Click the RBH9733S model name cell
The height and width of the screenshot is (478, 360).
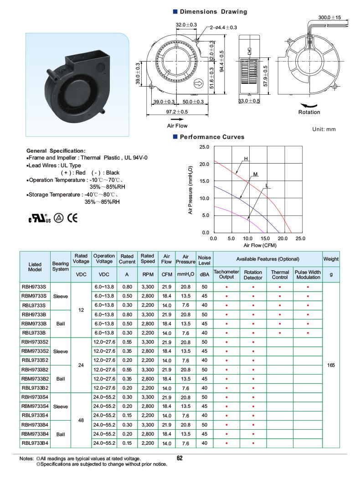click(34, 287)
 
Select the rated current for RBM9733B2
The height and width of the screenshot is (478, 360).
click(127, 379)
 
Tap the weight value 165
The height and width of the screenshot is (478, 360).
click(331, 365)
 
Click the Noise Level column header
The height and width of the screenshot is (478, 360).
click(204, 260)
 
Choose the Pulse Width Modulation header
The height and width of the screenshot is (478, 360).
click(308, 274)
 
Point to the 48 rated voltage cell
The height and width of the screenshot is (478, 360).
click(81, 420)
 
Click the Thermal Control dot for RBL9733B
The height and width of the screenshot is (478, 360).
click(280, 333)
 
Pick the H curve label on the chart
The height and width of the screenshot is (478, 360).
click(246, 159)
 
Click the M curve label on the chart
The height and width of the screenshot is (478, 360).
click(256, 175)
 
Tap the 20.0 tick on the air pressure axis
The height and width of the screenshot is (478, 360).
click(204, 164)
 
